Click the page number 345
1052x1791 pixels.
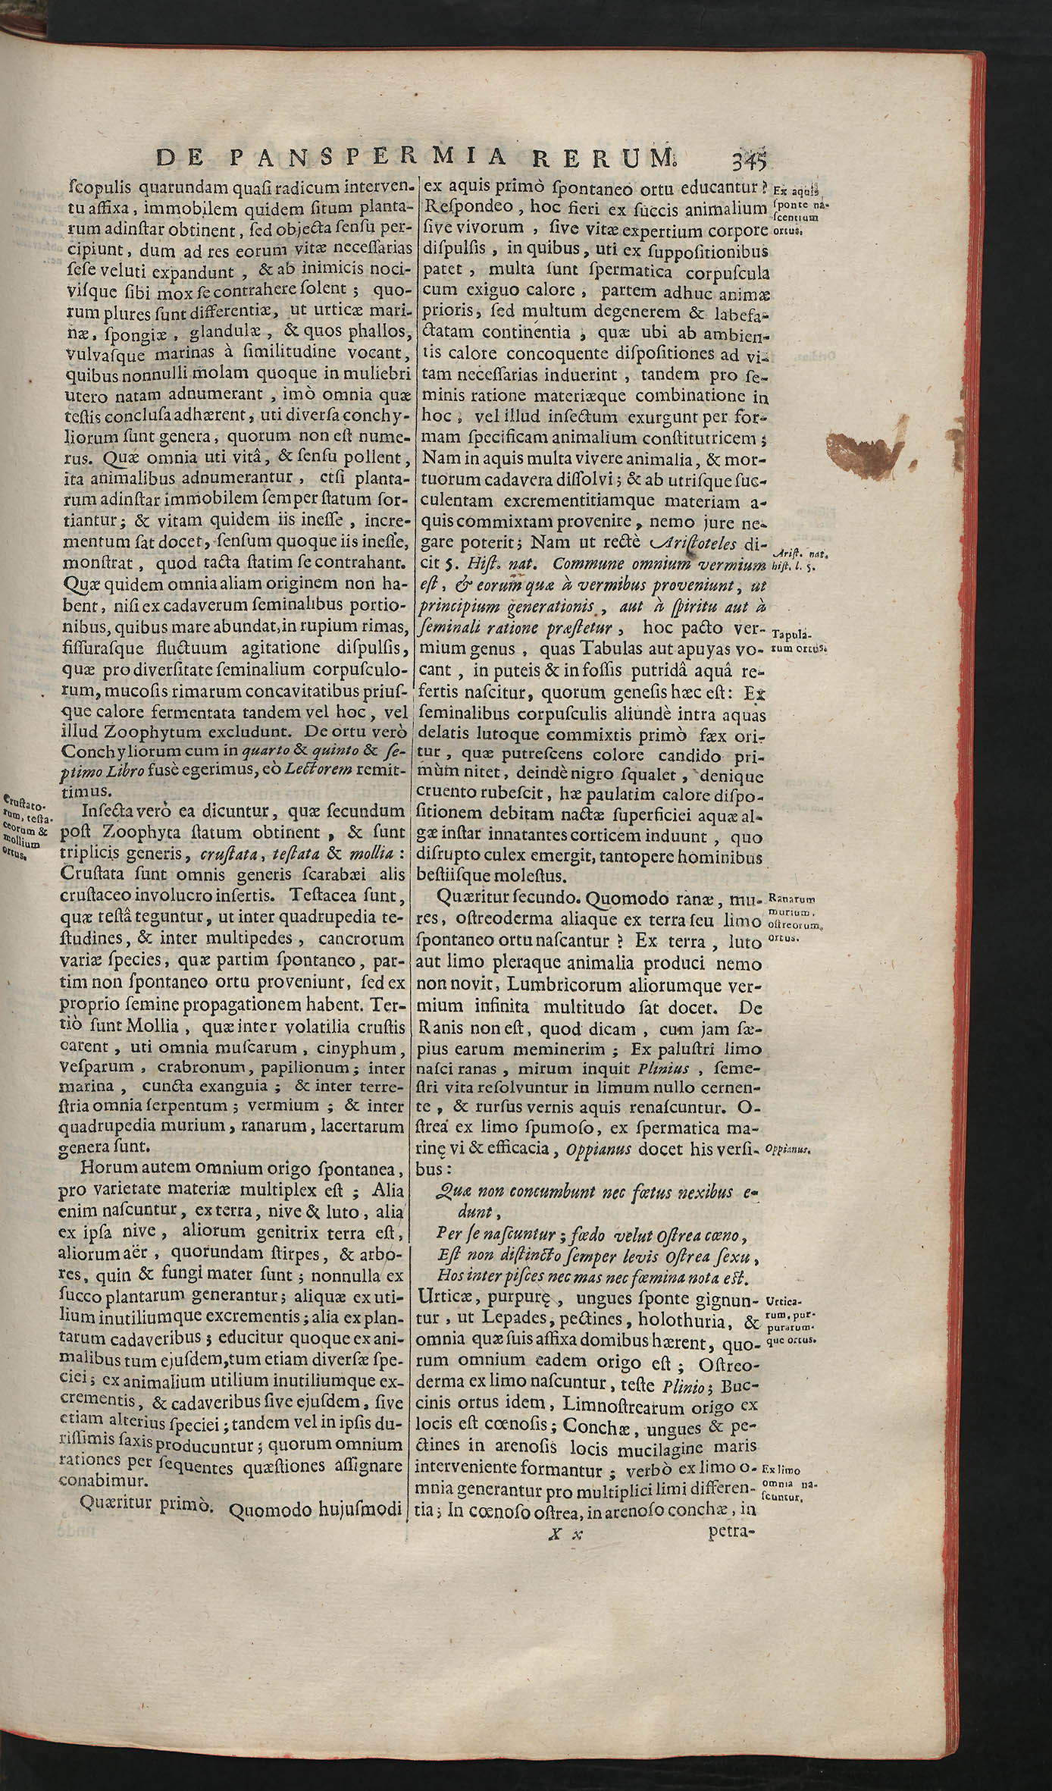[746, 161]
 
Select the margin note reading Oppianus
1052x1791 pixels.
[789, 1149]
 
